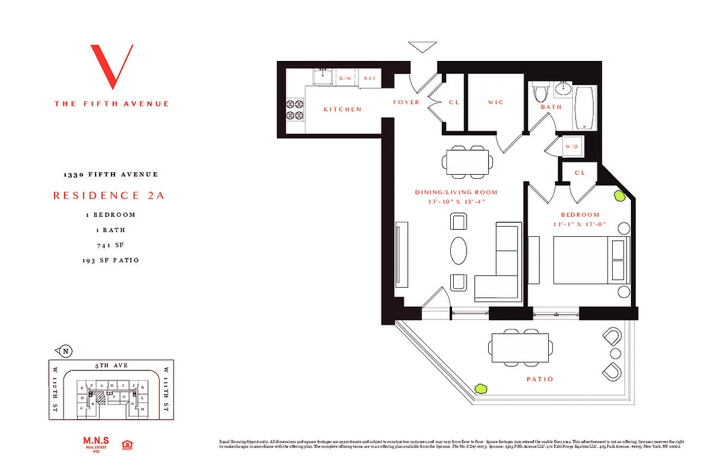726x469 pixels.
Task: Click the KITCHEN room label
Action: [x=342, y=110]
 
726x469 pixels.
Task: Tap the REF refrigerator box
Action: [x=370, y=79]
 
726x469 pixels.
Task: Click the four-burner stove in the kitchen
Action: [x=295, y=109]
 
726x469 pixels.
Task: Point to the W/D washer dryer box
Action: [x=571, y=147]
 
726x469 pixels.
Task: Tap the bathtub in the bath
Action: [x=585, y=107]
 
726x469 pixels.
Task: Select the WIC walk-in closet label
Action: [x=496, y=103]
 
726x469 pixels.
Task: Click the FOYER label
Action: [x=406, y=103]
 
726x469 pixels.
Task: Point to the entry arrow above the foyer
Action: [x=423, y=47]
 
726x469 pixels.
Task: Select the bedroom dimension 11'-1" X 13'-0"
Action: [x=580, y=225]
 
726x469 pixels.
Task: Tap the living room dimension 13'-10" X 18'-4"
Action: [x=456, y=202]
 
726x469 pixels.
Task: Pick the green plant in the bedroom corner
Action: [x=619, y=196]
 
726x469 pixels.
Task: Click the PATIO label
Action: [x=539, y=379]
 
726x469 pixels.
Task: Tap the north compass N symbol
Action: [x=65, y=351]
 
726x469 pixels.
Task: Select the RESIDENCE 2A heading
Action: [x=109, y=196]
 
